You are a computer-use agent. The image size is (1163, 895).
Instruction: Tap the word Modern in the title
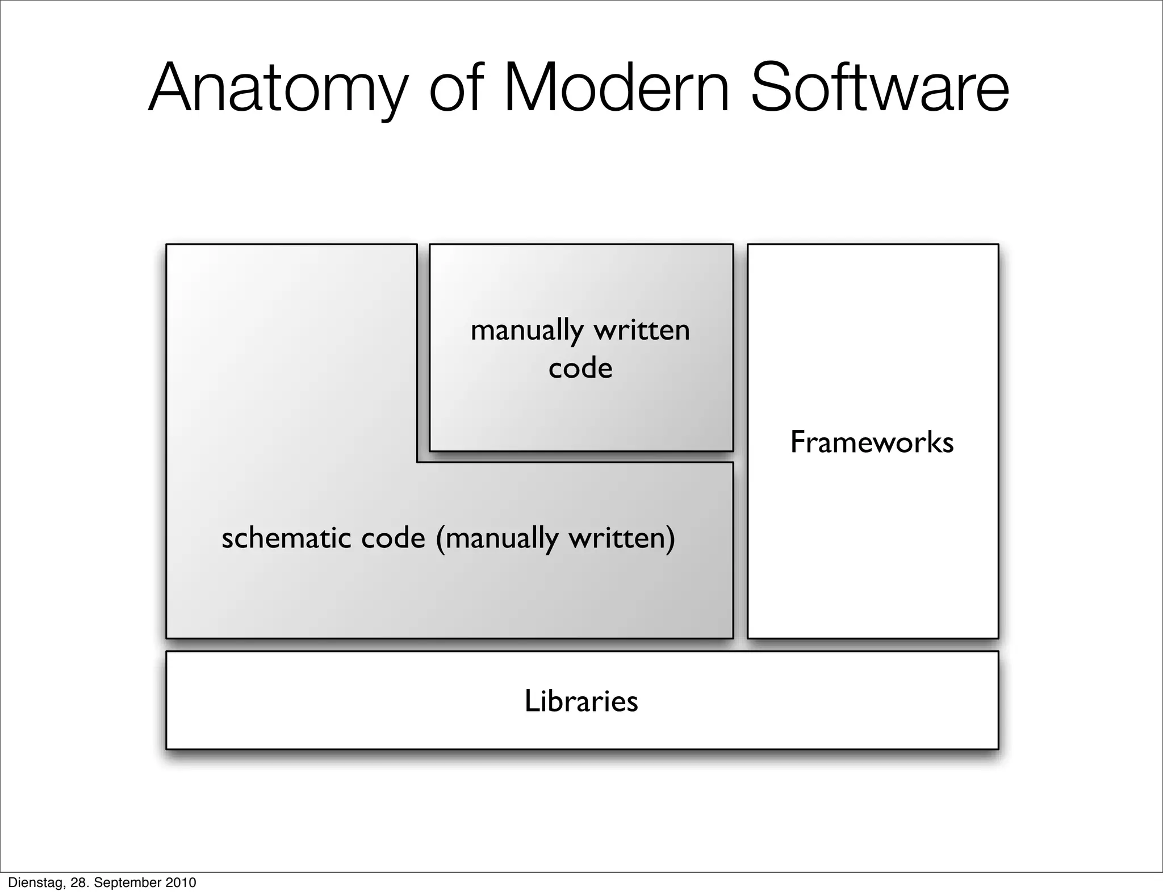pyautogui.click(x=616, y=88)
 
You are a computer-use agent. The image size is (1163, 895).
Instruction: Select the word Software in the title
pyautogui.click(x=880, y=88)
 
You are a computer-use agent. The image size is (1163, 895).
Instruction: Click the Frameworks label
pyautogui.click(x=872, y=442)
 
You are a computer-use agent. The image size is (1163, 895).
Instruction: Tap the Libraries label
pyautogui.click(x=581, y=701)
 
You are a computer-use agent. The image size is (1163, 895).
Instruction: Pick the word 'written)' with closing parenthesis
pyautogui.click(x=622, y=537)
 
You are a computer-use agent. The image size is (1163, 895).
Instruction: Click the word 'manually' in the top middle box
pyautogui.click(x=527, y=331)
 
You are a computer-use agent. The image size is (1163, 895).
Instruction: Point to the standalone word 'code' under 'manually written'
pyautogui.click(x=580, y=368)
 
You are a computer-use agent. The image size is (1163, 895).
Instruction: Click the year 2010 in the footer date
pyautogui.click(x=181, y=883)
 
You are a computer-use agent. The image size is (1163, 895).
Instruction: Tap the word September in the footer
pyautogui.click(x=128, y=883)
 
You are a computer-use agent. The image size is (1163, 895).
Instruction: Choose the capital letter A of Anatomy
pyautogui.click(x=169, y=88)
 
